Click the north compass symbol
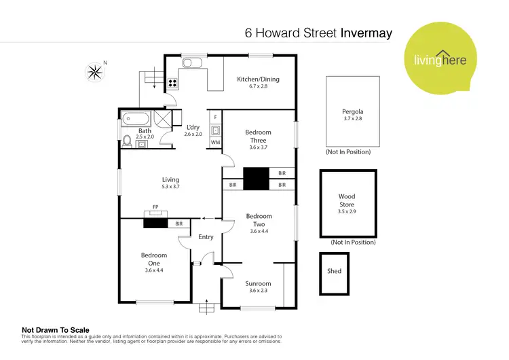[x=94, y=70]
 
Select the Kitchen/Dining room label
[x=258, y=79]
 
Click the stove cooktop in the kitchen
[x=172, y=84]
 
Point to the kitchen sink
[x=191, y=63]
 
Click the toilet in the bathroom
[x=126, y=141]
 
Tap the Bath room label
[x=145, y=131]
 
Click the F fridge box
[x=215, y=117]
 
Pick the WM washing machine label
[x=215, y=142]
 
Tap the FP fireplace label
[x=155, y=206]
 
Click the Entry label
[x=206, y=237]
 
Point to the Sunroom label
[x=258, y=283]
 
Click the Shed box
[x=334, y=272]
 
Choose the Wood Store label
[x=347, y=200]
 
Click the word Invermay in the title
[x=366, y=33]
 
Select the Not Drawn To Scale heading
[x=56, y=330]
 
